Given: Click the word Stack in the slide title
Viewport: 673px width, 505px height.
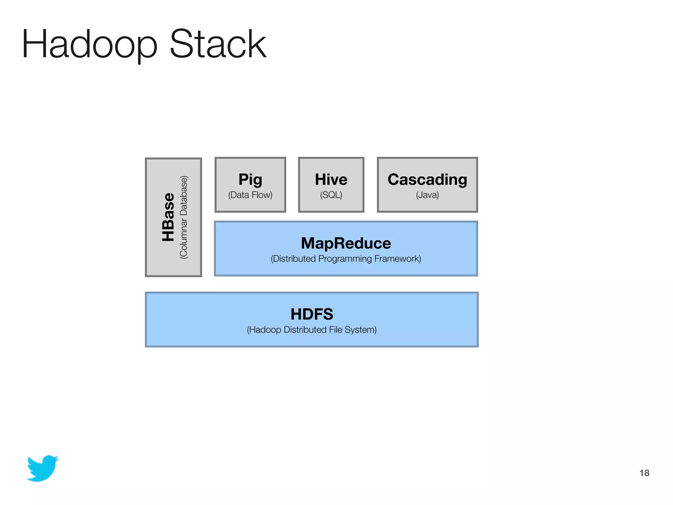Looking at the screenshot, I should [x=218, y=44].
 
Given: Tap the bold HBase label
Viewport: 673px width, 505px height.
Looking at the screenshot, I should [x=168, y=217].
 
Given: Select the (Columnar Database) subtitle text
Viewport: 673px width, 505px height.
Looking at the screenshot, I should [x=184, y=217].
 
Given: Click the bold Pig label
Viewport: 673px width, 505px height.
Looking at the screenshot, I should [x=250, y=180].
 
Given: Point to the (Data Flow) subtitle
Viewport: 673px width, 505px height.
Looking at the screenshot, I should [x=250, y=195].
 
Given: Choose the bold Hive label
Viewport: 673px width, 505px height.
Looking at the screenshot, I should [x=331, y=180].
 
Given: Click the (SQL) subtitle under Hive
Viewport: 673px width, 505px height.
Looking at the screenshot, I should [x=331, y=195].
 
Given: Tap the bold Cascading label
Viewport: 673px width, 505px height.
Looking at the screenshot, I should [x=427, y=180].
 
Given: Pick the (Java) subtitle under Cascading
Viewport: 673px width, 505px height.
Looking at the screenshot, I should [x=427, y=195].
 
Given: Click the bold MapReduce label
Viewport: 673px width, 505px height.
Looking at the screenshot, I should [x=346, y=243].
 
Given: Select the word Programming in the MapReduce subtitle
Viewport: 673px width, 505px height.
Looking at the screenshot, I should [x=345, y=259].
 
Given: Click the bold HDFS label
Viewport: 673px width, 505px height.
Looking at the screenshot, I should [x=312, y=314].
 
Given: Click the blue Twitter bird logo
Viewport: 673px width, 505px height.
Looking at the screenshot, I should [x=43, y=468].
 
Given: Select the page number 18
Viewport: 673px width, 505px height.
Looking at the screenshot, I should [x=644, y=473].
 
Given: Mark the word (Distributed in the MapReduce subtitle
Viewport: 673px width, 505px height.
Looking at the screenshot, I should [x=293, y=259].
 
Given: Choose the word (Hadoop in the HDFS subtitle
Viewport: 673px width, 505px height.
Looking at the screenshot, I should [x=264, y=330].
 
